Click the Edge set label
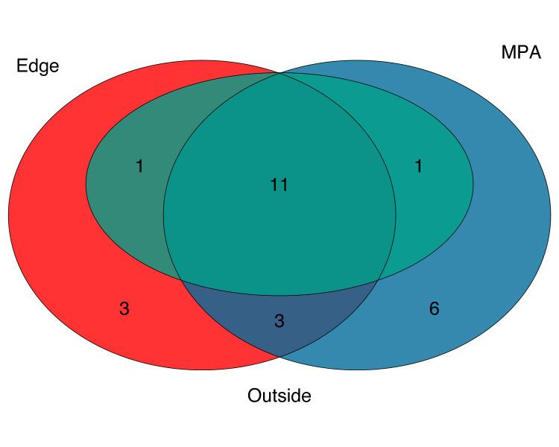click(37, 66)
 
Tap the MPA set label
click(521, 53)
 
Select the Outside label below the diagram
click(279, 396)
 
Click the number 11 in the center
click(279, 185)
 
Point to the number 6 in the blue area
click(434, 308)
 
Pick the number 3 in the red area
click(124, 308)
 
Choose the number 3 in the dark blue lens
click(279, 321)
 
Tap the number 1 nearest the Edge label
click(139, 167)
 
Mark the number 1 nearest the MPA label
click(418, 167)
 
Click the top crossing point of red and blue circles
click(279, 73)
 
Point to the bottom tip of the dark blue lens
click(279, 355)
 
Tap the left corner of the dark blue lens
click(181, 280)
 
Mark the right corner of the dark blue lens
click(379, 280)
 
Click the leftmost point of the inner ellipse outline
click(86, 184)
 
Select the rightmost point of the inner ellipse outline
click(473, 184)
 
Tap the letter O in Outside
click(254, 396)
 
